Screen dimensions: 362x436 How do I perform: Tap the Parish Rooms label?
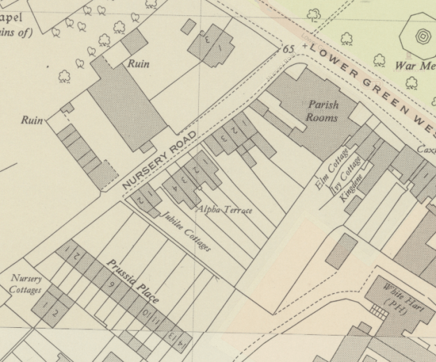click(322, 111)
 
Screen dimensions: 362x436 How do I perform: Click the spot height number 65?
click(289, 49)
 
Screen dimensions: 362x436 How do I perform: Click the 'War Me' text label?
click(415, 66)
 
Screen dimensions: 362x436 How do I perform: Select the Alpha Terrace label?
click(224, 209)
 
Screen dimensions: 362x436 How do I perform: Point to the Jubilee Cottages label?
click(187, 233)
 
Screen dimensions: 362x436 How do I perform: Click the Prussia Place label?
click(133, 281)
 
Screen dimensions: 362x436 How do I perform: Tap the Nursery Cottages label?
click(26, 284)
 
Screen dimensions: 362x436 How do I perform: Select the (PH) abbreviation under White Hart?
click(395, 305)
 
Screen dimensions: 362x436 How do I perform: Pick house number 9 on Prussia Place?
click(110, 284)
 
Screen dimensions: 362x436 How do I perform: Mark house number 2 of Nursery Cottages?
click(55, 313)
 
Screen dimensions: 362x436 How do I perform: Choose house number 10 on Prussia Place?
click(146, 315)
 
